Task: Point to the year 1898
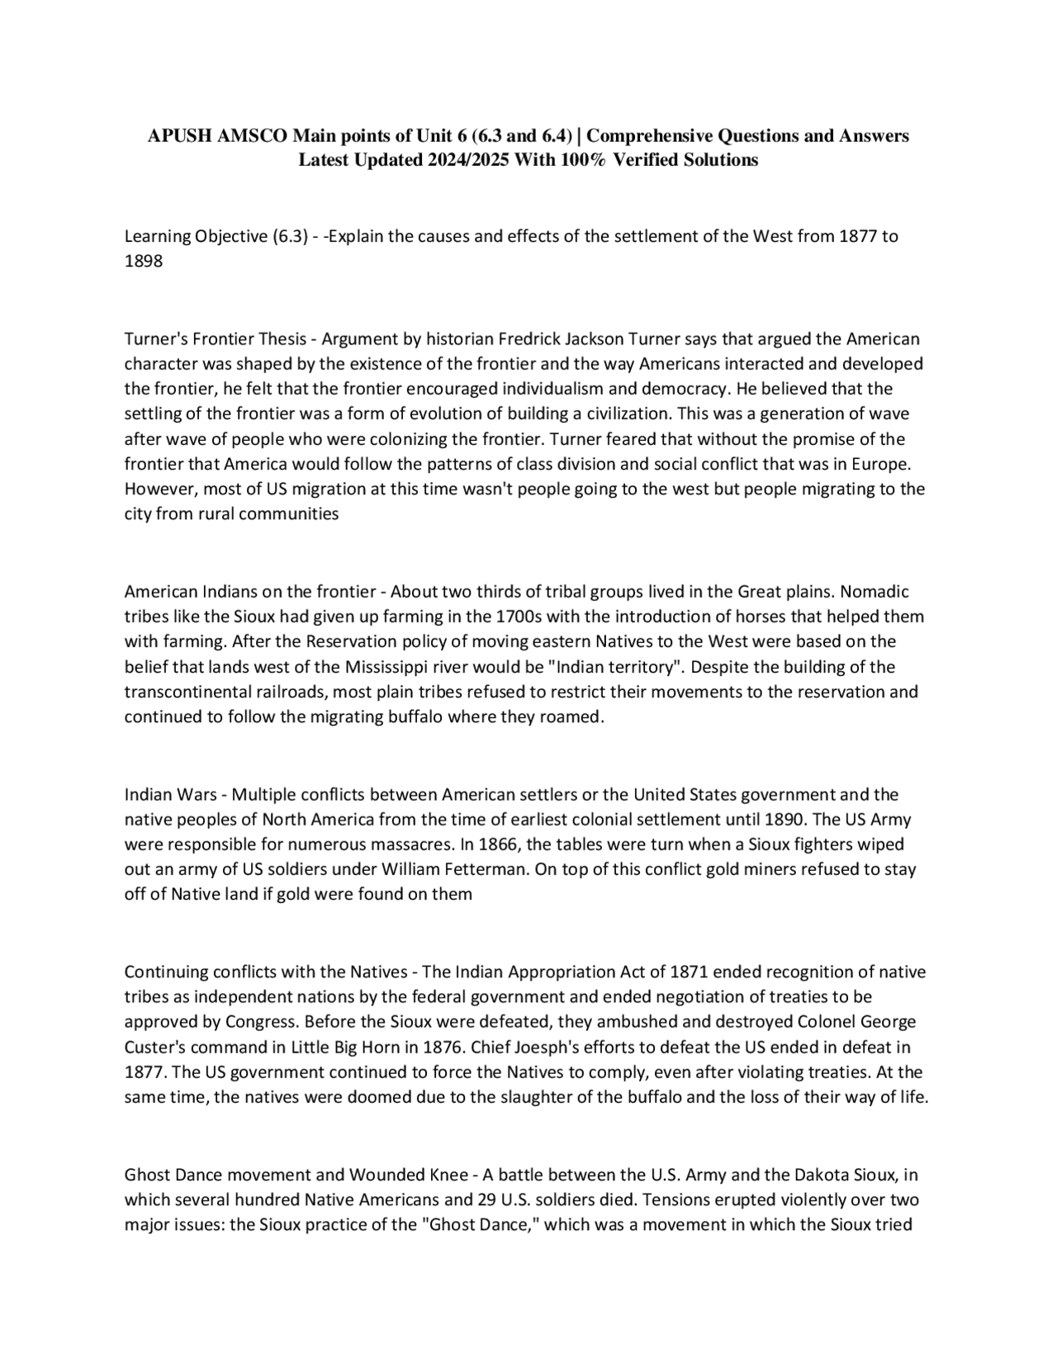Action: [x=144, y=261]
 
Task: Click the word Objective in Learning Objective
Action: [x=230, y=236]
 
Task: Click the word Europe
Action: [x=881, y=464]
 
